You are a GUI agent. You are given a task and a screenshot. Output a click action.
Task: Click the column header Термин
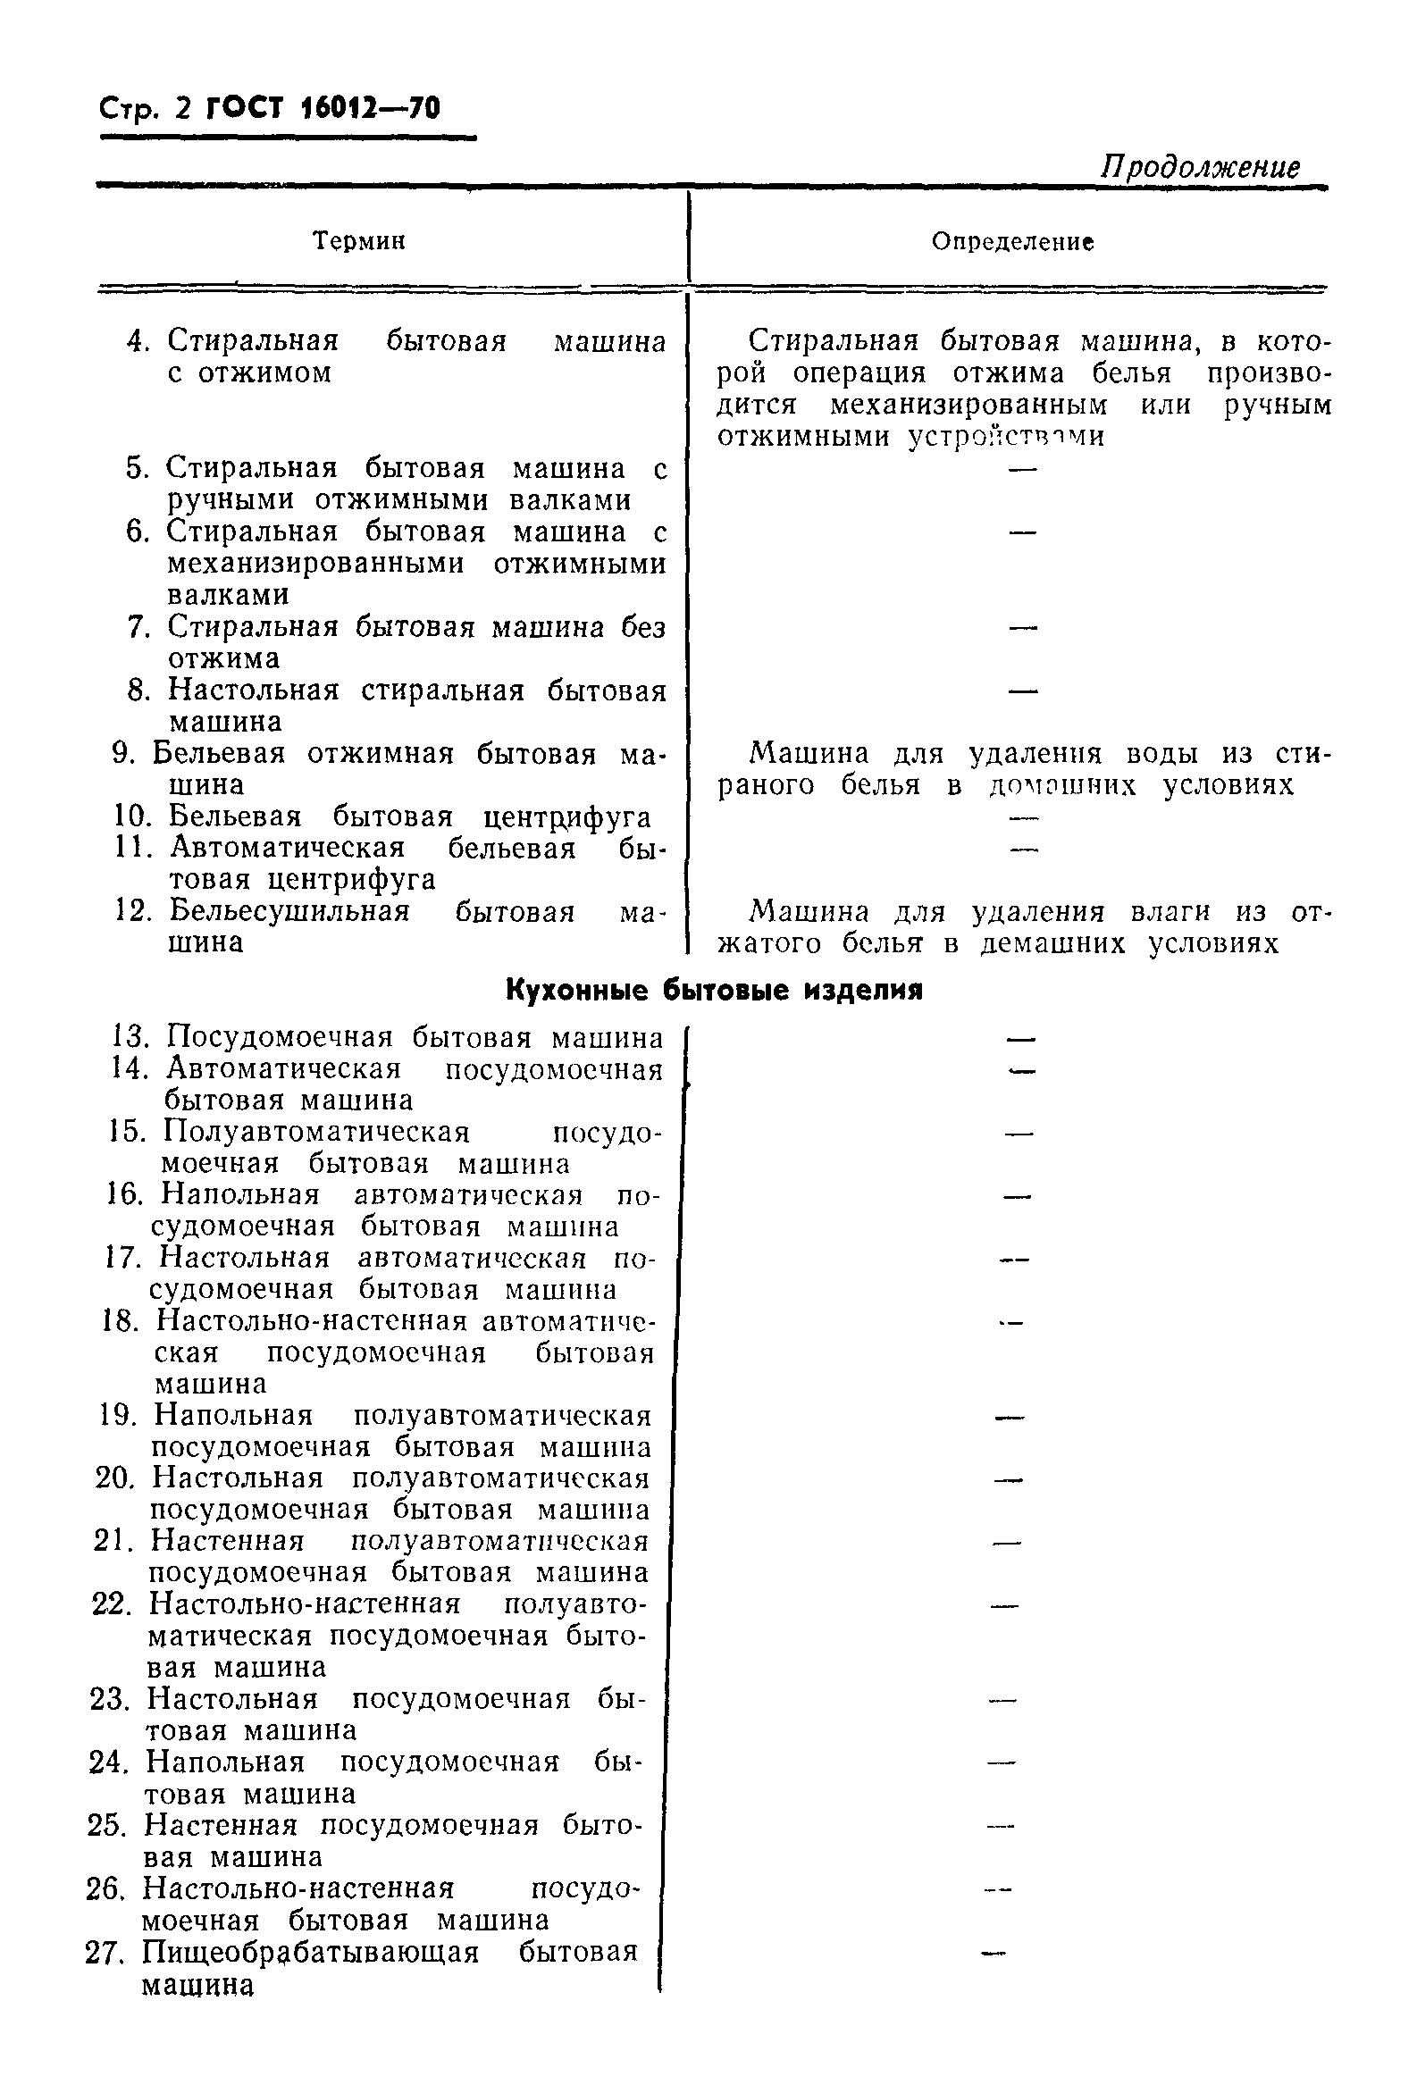pos(358,241)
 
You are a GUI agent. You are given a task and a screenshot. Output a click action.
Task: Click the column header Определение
pos(1012,242)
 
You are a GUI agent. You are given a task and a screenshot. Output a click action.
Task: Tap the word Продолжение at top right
pos(1200,168)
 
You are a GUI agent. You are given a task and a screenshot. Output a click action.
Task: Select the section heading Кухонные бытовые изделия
pos(714,991)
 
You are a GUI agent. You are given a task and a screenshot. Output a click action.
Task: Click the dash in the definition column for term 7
pos(1023,627)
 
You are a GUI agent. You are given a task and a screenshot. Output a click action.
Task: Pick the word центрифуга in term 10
pos(566,816)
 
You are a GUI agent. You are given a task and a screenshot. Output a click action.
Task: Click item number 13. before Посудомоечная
pos(130,1037)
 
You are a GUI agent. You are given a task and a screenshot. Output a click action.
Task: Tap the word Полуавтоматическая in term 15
pos(316,1132)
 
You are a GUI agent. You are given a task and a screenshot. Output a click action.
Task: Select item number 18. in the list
pos(121,1321)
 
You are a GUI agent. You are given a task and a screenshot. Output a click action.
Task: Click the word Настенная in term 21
pos(227,1541)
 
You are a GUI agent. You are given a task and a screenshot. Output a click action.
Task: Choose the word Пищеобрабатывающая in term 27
pos(310,1952)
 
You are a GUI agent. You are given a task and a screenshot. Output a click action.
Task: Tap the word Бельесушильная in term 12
pos(289,911)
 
